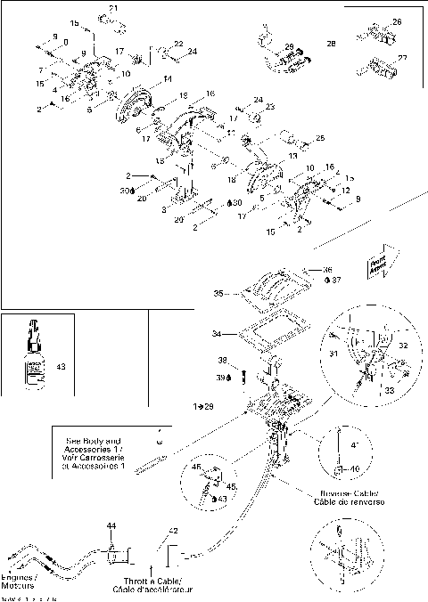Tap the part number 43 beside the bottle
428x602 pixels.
[60, 366]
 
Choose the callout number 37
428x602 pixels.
[336, 280]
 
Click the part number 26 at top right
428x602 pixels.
[397, 20]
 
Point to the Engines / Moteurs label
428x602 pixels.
[20, 582]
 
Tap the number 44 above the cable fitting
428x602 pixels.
[111, 527]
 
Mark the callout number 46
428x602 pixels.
[194, 466]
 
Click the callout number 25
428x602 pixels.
[320, 138]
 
